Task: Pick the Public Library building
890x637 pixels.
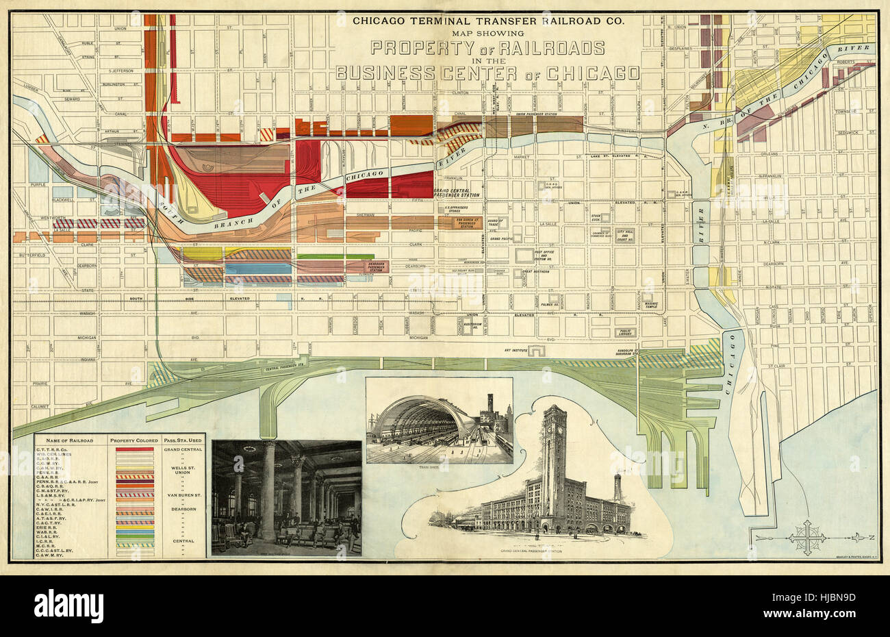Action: click(x=624, y=332)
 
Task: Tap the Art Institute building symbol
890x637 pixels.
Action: click(x=538, y=351)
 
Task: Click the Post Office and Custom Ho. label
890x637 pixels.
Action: click(x=549, y=253)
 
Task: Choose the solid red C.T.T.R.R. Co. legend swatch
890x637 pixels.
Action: click(x=134, y=449)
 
